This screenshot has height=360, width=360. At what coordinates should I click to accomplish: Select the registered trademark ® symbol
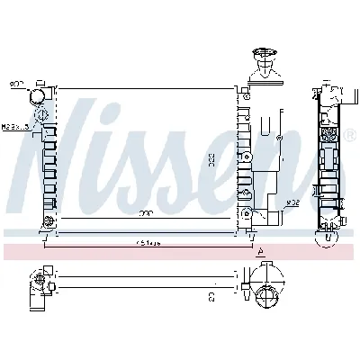(x=350, y=133)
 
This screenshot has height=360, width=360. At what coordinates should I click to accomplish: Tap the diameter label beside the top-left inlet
(x=16, y=85)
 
